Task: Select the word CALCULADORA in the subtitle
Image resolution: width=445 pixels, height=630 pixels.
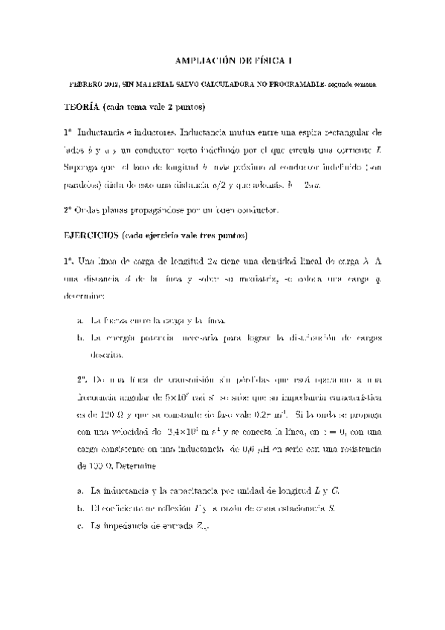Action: tap(223, 85)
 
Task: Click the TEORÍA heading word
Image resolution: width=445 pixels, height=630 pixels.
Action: tap(82, 107)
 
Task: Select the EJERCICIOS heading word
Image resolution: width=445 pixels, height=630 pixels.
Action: tap(91, 236)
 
